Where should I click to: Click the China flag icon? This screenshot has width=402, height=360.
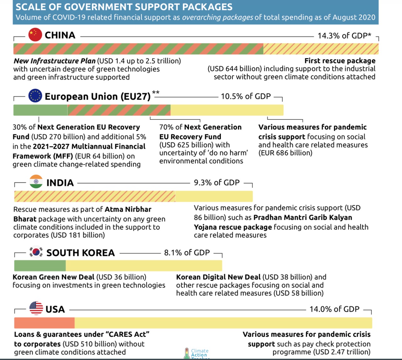pyautogui.click(x=35, y=35)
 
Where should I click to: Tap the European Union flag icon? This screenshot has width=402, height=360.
pyautogui.click(x=35, y=96)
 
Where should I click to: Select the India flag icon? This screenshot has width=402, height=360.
pyautogui.click(x=36, y=182)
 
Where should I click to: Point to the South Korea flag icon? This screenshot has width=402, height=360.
pyautogui.click(x=36, y=252)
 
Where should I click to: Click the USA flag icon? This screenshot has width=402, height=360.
pyautogui.click(x=36, y=308)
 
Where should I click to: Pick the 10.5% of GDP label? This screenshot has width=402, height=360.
pyautogui.click(x=246, y=96)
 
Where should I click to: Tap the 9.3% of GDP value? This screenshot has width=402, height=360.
pyautogui.click(x=217, y=183)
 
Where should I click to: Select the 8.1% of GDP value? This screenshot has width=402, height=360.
pyautogui.click(x=187, y=253)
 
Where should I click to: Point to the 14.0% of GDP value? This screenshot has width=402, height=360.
pyautogui.click(x=334, y=309)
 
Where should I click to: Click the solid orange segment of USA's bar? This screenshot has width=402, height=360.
pyautogui.click(x=44, y=323)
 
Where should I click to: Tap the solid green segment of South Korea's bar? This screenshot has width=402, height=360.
pyautogui.click(x=40, y=266)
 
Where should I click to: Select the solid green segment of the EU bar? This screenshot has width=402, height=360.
pyautogui.click(x=40, y=110)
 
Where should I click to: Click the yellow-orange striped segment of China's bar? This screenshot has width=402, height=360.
pyautogui.click(x=321, y=49)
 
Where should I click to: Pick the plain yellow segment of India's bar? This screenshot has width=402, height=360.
pyautogui.click(x=214, y=196)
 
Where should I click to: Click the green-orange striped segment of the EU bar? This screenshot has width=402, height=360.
pyautogui.click(x=119, y=110)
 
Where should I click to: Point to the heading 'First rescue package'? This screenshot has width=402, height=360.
pyautogui.click(x=340, y=61)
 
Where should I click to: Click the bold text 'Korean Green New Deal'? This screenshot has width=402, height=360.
pyautogui.click(x=53, y=277)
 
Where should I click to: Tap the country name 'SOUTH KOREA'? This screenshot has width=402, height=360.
pyautogui.click(x=80, y=253)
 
